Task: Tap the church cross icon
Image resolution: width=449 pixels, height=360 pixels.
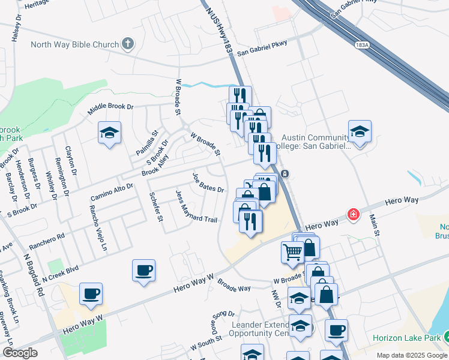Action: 128,44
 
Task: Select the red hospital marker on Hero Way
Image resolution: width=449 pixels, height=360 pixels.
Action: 354,214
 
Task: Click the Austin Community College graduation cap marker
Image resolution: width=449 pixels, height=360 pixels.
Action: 360,132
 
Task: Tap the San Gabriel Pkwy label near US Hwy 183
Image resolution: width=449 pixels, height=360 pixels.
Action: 262,48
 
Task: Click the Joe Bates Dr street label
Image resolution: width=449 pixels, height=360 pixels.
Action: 208,184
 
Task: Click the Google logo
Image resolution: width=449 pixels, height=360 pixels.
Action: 20,353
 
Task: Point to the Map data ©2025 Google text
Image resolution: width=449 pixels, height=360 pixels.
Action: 412,355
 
